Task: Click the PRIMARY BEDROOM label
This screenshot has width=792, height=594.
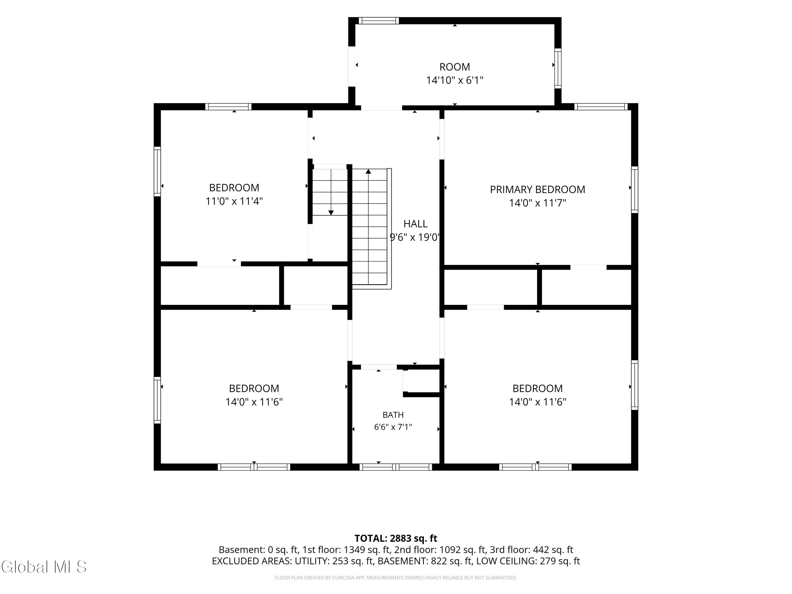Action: tap(538, 189)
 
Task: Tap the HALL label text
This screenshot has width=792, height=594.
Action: tap(415, 224)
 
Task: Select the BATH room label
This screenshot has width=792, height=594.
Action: tap(393, 415)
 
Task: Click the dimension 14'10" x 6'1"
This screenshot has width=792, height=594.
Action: tap(455, 80)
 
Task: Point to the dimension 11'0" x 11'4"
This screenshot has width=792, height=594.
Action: tap(234, 201)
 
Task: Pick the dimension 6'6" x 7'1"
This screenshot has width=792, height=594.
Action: tap(393, 427)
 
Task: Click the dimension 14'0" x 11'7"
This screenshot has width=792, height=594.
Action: tap(538, 203)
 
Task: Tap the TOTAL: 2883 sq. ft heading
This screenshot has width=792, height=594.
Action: tap(396, 538)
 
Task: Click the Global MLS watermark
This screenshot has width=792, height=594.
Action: tap(44, 567)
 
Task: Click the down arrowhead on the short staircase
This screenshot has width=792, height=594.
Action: tap(331, 213)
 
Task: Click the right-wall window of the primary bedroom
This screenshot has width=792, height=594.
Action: tap(634, 189)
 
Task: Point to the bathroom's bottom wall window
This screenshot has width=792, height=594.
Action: tap(396, 467)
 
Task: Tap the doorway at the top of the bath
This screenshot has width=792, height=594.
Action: tap(379, 367)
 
